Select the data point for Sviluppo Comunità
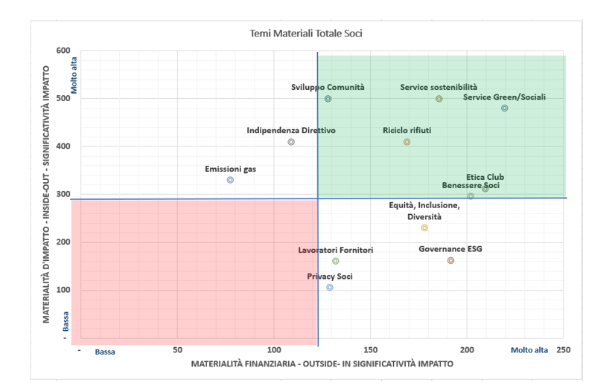[328, 99]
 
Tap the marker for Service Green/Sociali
[505, 108]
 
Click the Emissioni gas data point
[231, 180]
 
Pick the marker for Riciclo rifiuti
[407, 142]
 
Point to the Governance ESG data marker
[450, 261]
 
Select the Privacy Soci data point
[330, 287]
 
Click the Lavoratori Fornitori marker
[336, 261]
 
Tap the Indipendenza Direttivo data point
[291, 142]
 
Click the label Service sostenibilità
[439, 87]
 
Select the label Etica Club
[485, 177]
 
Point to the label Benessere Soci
[471, 186]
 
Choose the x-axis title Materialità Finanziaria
[322, 364]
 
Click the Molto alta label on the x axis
[529, 350]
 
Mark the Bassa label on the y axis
[66, 321]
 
